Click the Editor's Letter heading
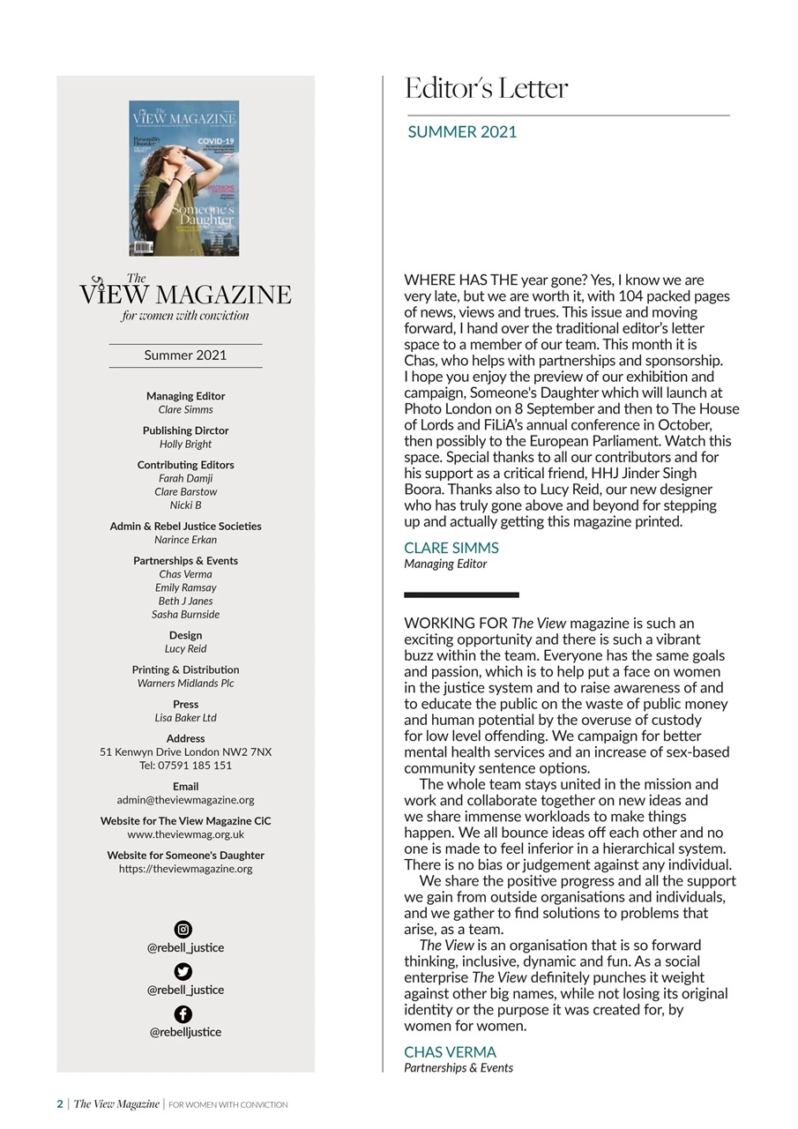pos(486,89)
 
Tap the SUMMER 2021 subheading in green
pos(462,132)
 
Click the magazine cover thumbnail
pos(183,178)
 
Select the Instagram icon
pos(183,929)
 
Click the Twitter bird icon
pos(183,971)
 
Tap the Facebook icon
pos(183,1013)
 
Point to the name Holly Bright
pos(185,445)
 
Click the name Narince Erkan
pos(185,540)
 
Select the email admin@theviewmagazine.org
pos(185,800)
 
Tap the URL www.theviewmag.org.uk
pos(185,834)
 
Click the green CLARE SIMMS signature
pos(451,548)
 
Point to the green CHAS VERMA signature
pos(450,1052)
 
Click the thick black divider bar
pos(461,594)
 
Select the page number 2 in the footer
pos(60,1104)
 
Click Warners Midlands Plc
pos(185,684)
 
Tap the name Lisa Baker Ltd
pos(185,718)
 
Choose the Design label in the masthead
pos(185,635)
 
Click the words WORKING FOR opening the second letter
pos(456,624)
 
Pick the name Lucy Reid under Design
pos(185,649)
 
